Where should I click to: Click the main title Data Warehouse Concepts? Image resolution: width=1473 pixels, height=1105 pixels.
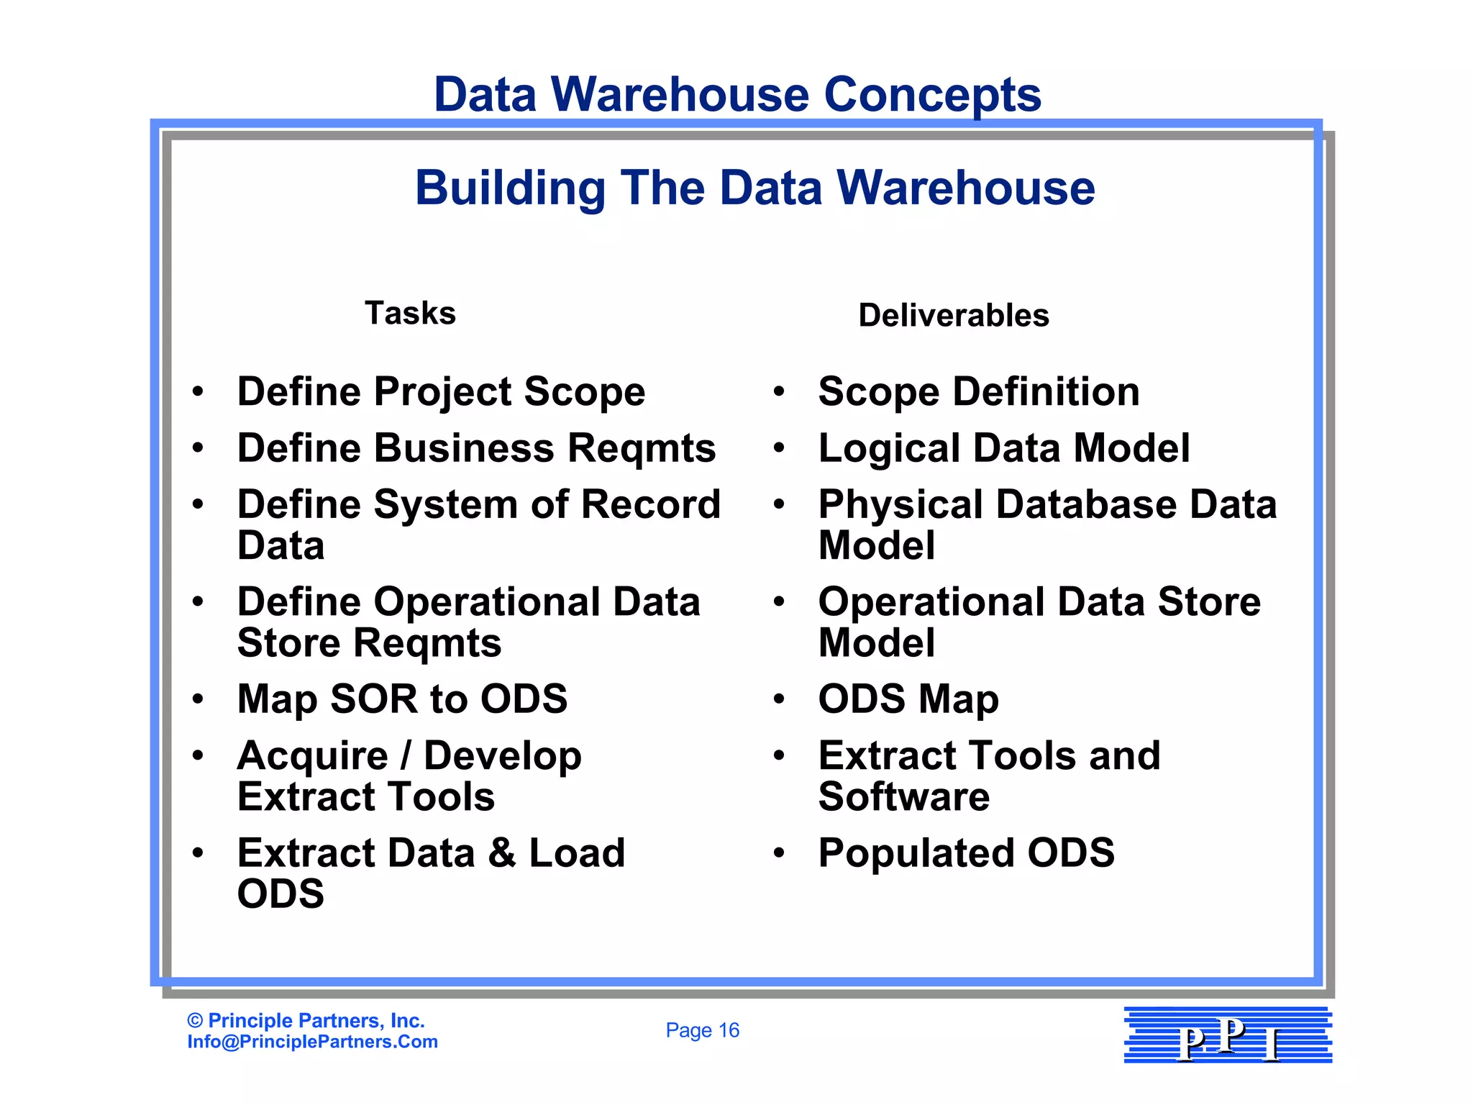[737, 95]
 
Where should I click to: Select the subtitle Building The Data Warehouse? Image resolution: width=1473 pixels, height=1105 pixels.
[754, 188]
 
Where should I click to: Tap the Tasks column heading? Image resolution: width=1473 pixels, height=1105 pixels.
[410, 314]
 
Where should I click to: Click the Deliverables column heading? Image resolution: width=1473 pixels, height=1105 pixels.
[954, 316]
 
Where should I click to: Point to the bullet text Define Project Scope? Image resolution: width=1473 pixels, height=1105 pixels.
[441, 392]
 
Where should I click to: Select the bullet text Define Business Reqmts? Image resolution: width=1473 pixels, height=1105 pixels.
[476, 448]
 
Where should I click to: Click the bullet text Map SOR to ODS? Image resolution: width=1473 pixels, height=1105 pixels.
[402, 699]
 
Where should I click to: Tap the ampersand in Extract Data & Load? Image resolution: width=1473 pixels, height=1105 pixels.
[502, 853]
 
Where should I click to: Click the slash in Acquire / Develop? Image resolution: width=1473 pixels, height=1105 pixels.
[406, 755]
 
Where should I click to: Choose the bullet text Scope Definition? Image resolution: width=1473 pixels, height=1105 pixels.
[979, 392]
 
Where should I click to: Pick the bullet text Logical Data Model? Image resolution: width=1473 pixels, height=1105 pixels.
[1004, 448]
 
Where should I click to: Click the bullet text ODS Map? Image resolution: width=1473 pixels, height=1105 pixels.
[908, 699]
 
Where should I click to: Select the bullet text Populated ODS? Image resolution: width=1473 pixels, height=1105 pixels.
[966, 853]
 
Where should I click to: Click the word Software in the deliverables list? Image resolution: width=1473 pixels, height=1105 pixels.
[904, 797]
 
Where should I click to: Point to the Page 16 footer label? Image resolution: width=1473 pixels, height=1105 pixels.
[702, 1030]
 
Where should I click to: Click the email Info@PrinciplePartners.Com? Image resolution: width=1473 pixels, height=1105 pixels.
[312, 1042]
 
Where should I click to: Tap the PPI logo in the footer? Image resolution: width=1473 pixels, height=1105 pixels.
[1228, 1035]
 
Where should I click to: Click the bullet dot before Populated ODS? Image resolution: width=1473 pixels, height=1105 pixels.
[778, 854]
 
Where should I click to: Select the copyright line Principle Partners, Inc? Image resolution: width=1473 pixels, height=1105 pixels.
[306, 1020]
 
